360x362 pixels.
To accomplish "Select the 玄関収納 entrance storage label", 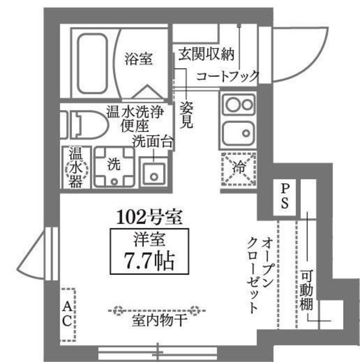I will pyautogui.click(x=205, y=55).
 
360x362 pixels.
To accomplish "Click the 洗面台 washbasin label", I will pyautogui.click(x=152, y=142).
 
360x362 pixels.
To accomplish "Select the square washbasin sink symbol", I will pyautogui.click(x=153, y=173).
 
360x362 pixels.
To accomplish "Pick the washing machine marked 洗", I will pyautogui.click(x=114, y=166).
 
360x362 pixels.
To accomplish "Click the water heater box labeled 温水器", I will pyautogui.click(x=75, y=168).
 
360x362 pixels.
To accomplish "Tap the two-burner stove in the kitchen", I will pyautogui.click(x=239, y=105).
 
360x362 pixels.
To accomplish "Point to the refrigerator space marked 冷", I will pyautogui.click(x=238, y=167).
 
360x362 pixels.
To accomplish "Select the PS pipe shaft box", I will pyautogui.click(x=285, y=195).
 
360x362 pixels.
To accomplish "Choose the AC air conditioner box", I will pyautogui.click(x=66, y=314).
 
